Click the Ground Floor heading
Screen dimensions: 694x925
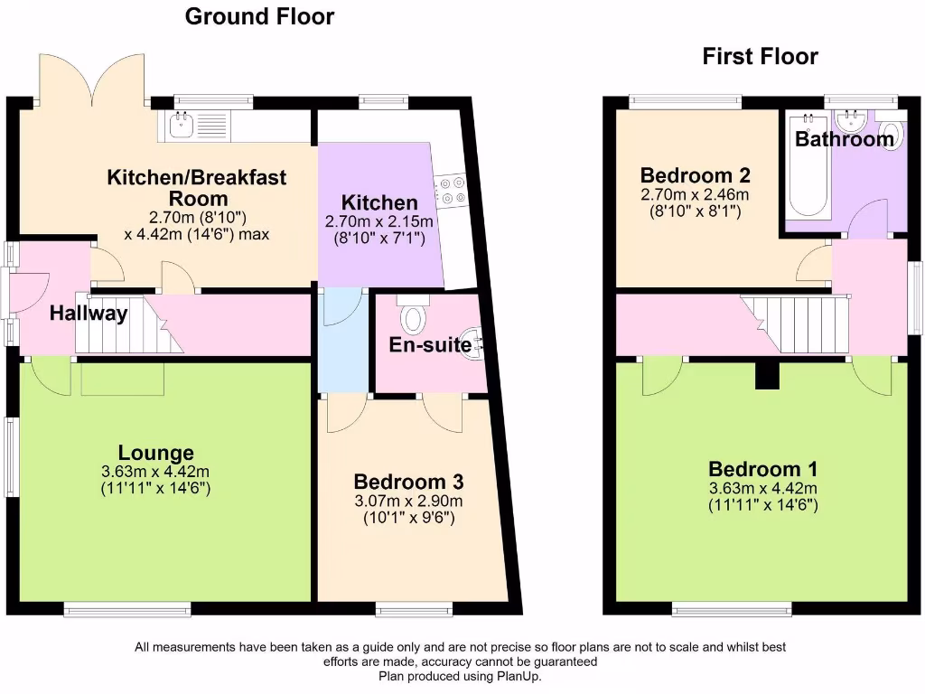[259, 16]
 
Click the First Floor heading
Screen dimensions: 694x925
[760, 57]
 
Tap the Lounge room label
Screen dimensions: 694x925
[156, 453]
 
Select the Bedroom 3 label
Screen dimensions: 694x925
[408, 482]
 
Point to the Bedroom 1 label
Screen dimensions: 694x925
[762, 469]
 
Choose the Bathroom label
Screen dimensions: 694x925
[845, 140]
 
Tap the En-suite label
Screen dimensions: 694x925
[430, 344]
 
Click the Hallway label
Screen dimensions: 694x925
[89, 314]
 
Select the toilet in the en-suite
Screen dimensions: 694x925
[414, 315]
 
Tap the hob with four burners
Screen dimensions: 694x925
[451, 191]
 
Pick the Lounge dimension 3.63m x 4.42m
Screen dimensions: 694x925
[156, 472]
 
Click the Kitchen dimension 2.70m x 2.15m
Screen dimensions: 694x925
[379, 221]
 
